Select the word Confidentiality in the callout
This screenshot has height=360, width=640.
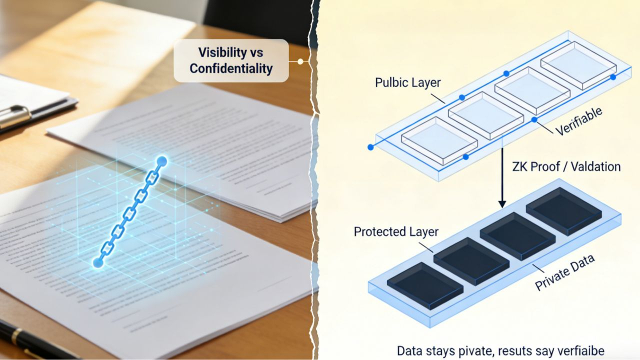pos(231,68)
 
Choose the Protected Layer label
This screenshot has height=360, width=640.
pos(396,231)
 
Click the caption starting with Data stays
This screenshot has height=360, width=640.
pos(500,350)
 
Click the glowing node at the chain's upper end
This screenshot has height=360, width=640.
pos(161,161)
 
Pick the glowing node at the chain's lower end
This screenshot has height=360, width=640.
pos(98,262)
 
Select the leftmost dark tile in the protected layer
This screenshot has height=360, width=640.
pos(425,285)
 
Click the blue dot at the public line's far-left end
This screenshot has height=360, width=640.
pos(370,147)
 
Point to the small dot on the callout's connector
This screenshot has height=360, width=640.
pos(300,61)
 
